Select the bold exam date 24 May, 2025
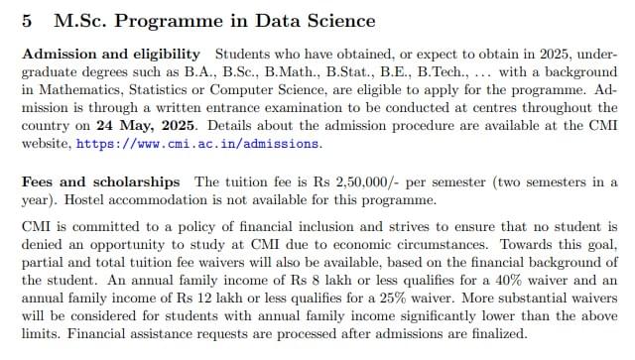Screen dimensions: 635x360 coord(146,125)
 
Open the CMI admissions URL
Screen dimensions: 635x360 coord(198,144)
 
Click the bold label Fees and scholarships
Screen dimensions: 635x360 coord(101,182)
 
